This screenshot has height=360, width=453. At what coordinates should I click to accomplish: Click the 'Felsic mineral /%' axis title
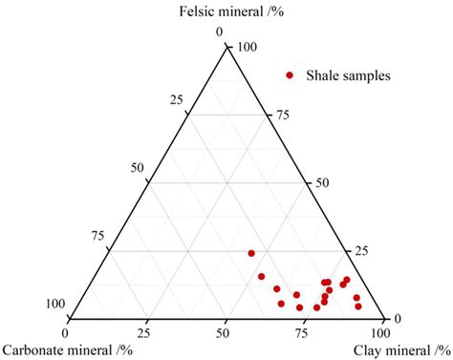click(x=226, y=11)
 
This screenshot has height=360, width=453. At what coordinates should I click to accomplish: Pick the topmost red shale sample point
click(x=251, y=253)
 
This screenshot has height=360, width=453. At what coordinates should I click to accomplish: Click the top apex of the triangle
click(x=226, y=46)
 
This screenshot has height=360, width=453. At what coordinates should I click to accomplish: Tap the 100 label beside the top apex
click(x=248, y=47)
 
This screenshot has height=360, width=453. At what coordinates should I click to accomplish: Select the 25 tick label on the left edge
click(x=176, y=101)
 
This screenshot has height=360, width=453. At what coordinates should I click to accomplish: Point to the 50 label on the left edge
click(x=137, y=168)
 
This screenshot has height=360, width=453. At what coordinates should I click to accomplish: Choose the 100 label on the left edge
click(x=54, y=304)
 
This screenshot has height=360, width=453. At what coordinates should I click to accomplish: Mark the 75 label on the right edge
click(x=281, y=115)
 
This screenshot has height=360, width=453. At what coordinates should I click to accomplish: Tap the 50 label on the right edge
click(x=320, y=182)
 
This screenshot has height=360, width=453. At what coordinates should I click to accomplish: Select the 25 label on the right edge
click(x=359, y=250)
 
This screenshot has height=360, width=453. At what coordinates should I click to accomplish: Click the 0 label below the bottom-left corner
click(x=65, y=332)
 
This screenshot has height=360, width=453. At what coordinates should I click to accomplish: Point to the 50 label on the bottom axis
click(x=225, y=332)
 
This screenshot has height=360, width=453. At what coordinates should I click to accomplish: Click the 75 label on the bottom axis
click(x=303, y=332)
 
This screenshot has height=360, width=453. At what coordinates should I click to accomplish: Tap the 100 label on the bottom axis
click(x=379, y=332)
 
